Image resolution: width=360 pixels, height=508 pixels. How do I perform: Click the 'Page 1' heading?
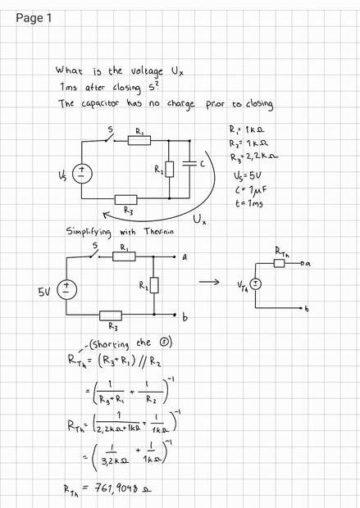click(x=34, y=18)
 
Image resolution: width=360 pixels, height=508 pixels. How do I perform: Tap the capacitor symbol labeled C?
click(x=189, y=164)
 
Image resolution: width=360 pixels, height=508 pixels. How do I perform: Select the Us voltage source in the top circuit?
click(x=82, y=174)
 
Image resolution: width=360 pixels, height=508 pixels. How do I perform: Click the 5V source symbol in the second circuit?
click(x=67, y=290)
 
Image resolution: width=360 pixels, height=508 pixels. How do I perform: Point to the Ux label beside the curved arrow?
click(x=199, y=220)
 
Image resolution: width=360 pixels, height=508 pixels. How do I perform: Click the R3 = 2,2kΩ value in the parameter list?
click(x=254, y=156)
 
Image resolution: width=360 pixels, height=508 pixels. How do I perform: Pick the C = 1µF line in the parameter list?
click(x=251, y=190)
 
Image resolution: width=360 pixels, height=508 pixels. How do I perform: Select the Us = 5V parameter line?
click(x=248, y=176)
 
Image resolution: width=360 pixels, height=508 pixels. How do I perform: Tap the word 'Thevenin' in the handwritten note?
click(x=158, y=231)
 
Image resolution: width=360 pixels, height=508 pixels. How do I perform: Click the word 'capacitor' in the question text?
click(x=100, y=103)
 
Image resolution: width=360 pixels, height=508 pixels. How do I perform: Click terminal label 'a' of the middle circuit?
click(x=185, y=257)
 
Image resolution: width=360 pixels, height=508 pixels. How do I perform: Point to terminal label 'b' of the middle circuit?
click(x=185, y=318)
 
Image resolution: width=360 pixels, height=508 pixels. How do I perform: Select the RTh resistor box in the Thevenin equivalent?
click(x=280, y=263)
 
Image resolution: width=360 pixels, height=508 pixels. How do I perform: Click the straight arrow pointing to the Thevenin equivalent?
click(x=209, y=282)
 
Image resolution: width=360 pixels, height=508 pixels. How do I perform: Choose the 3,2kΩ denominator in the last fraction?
click(x=115, y=460)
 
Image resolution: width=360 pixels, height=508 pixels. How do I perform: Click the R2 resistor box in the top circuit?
click(x=169, y=169)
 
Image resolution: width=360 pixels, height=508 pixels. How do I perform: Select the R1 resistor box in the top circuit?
click(x=139, y=141)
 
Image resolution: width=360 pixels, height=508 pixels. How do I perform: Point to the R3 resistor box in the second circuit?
click(x=111, y=315)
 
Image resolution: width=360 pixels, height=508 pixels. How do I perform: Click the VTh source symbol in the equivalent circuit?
click(x=256, y=284)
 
